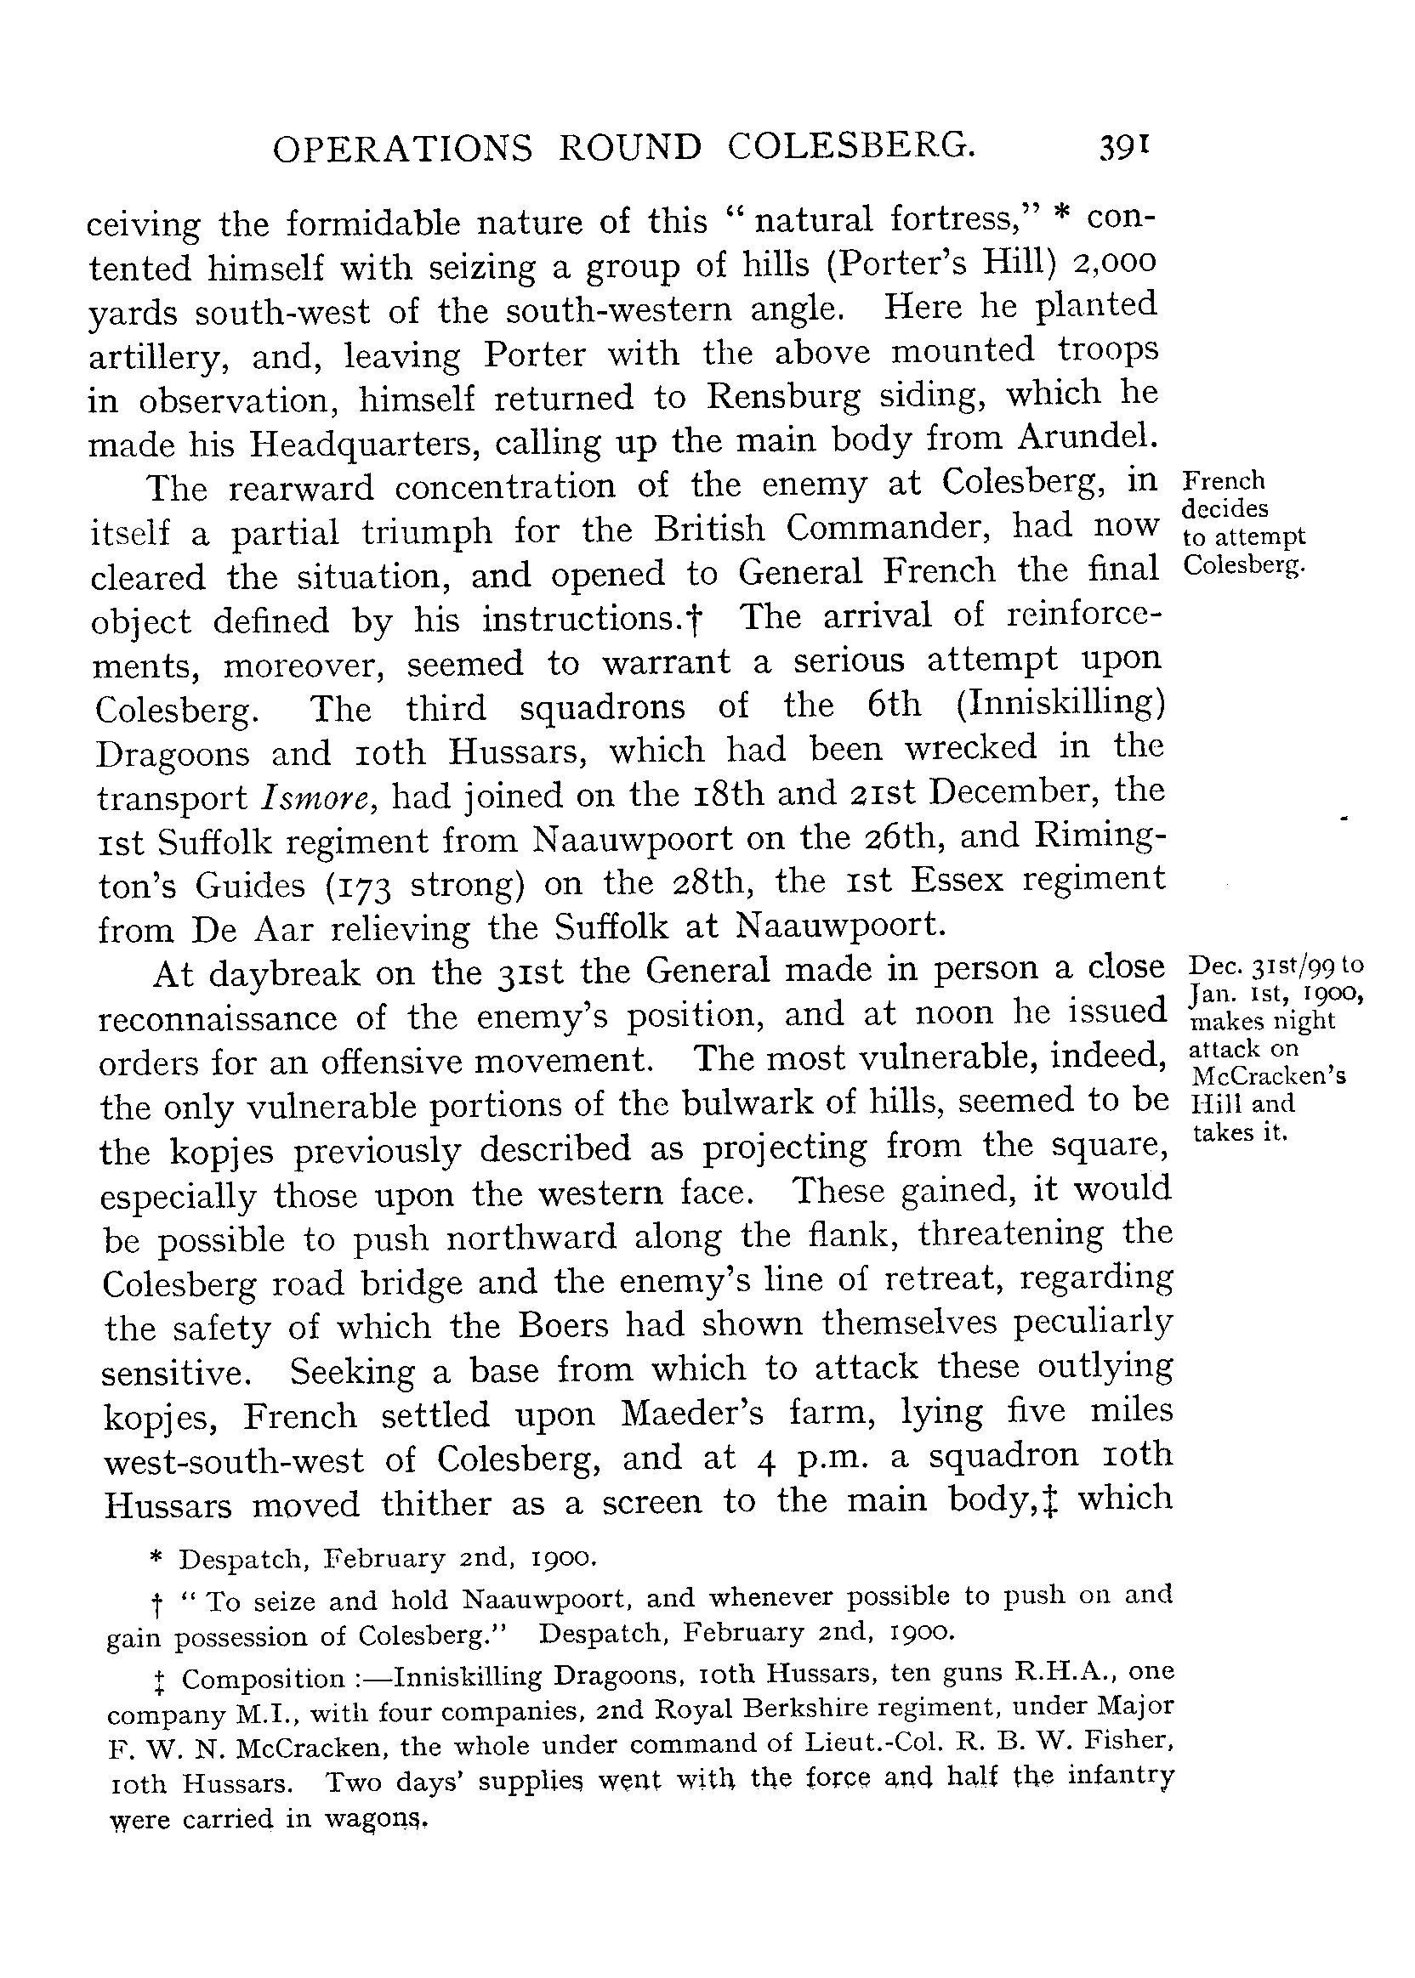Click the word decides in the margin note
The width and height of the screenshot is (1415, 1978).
click(1225, 507)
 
